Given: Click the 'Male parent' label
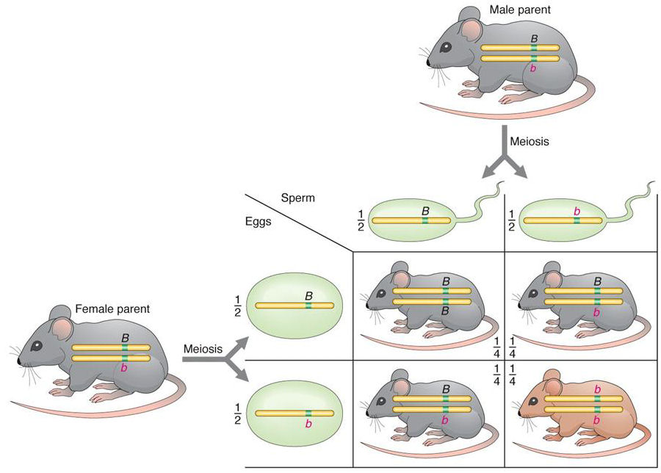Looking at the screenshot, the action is (x=520, y=10).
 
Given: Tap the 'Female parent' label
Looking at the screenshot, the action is (x=112, y=309).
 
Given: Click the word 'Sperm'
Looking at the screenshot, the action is (x=297, y=198).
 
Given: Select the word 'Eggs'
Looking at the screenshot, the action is (x=258, y=221).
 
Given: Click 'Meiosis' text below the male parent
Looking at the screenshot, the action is (x=530, y=141).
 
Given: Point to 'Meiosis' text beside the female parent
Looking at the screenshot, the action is (x=203, y=349).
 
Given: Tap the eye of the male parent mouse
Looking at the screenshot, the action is (x=445, y=48).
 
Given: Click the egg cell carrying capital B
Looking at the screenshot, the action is (x=295, y=306).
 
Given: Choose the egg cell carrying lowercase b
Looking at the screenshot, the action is (x=295, y=413).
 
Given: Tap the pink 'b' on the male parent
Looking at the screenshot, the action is (x=533, y=68).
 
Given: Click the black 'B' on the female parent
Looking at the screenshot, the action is (x=125, y=338).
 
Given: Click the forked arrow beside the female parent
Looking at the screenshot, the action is (x=214, y=360).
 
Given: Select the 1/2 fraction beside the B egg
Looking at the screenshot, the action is (x=237, y=306).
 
